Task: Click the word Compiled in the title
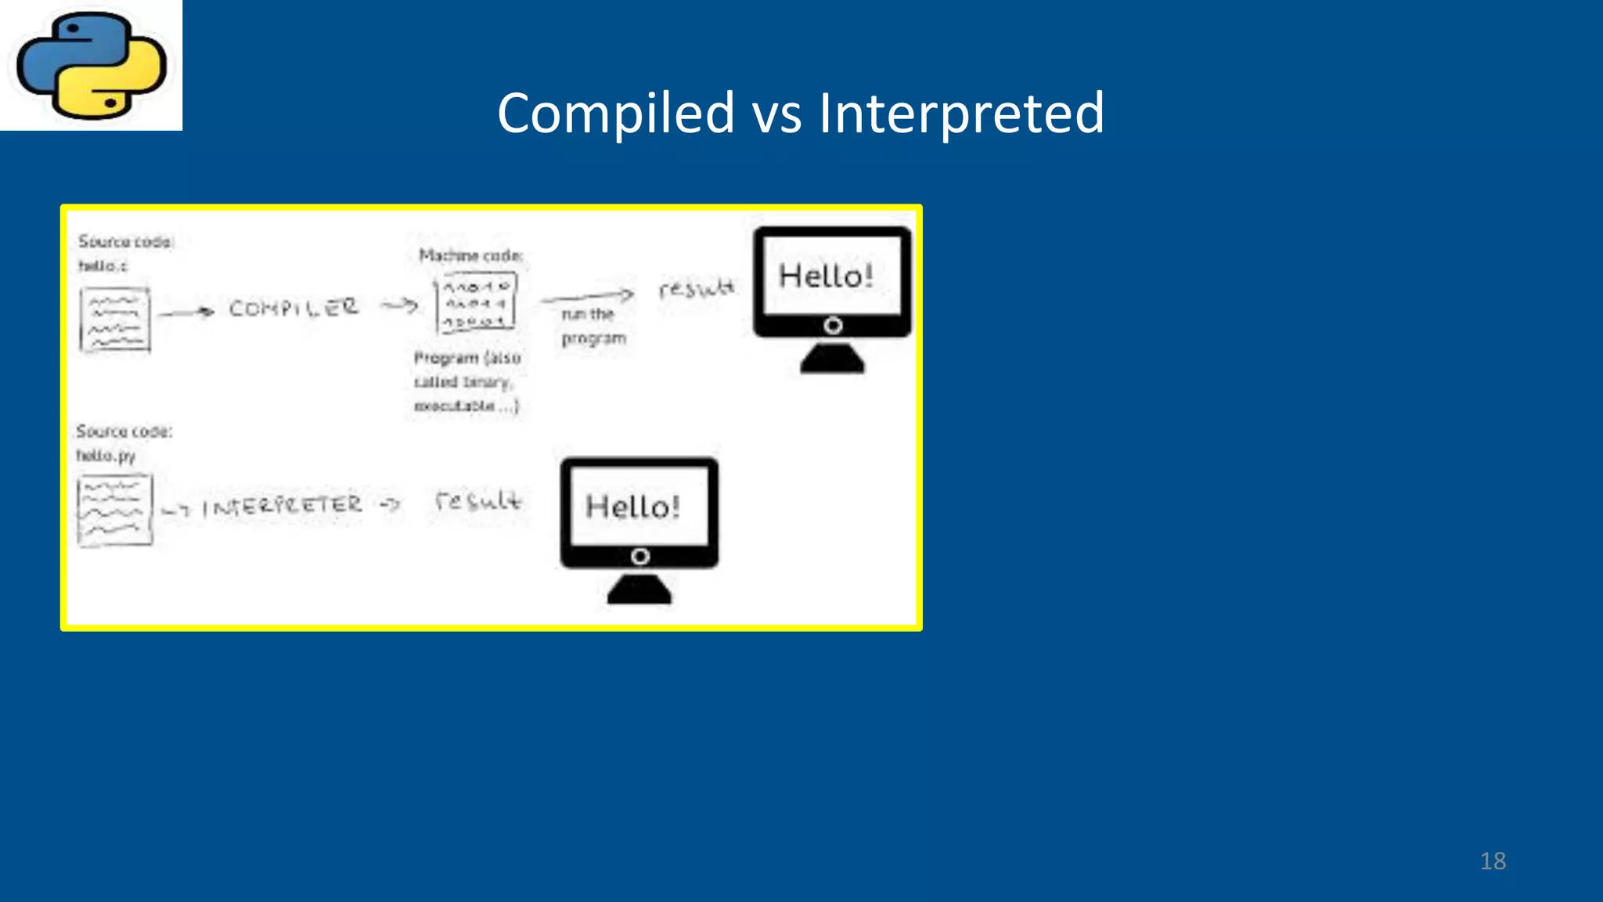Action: pyautogui.click(x=615, y=114)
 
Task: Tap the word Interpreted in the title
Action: pyautogui.click(x=961, y=114)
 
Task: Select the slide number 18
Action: pyautogui.click(x=1493, y=861)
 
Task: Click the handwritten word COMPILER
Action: pyautogui.click(x=294, y=308)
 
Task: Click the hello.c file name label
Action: pyautogui.click(x=103, y=266)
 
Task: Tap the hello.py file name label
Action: pyautogui.click(x=106, y=456)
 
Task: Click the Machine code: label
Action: pyautogui.click(x=470, y=255)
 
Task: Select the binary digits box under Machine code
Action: pyautogui.click(x=476, y=303)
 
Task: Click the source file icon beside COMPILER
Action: pyautogui.click(x=115, y=319)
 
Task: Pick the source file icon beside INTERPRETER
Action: pyautogui.click(x=114, y=510)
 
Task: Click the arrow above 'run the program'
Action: pyautogui.click(x=587, y=296)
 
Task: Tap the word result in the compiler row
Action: pyautogui.click(x=696, y=288)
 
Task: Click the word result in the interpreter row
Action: pyautogui.click(x=477, y=500)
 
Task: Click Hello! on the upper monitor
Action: pyautogui.click(x=826, y=276)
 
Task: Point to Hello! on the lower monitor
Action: pyautogui.click(x=632, y=507)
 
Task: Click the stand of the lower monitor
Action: pyautogui.click(x=639, y=589)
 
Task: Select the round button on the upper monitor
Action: pyautogui.click(x=833, y=325)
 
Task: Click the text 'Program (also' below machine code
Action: pyautogui.click(x=467, y=358)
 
